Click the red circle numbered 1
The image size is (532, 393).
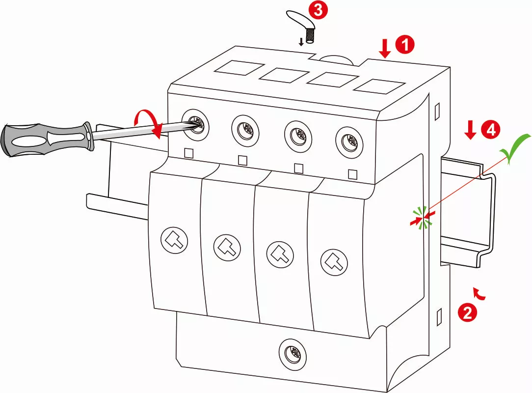tap(405, 45)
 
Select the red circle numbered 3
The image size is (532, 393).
tap(318, 11)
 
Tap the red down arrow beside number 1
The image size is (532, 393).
tap(385, 48)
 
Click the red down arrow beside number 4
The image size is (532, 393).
tap(470, 130)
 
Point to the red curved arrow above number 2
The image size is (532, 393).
tap(479, 293)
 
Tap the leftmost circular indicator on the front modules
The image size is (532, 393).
tap(175, 240)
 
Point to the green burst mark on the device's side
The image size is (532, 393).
tap(423, 218)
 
